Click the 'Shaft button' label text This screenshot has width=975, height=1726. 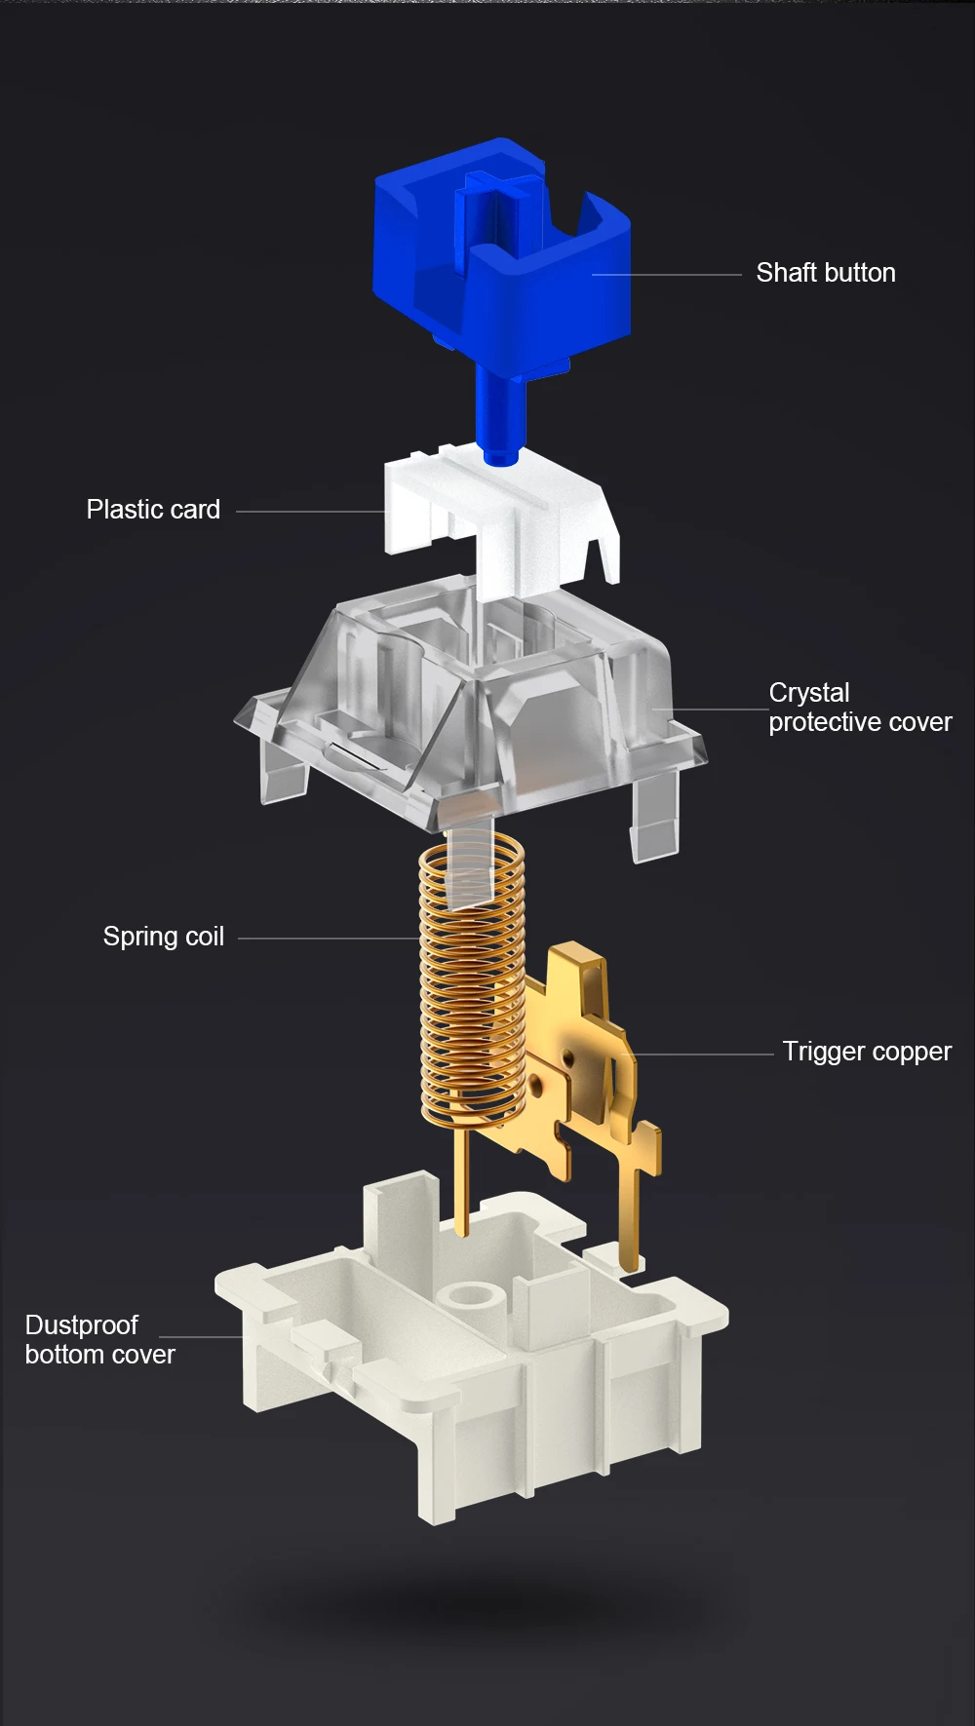click(x=825, y=273)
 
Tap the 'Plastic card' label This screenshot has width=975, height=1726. click(x=153, y=510)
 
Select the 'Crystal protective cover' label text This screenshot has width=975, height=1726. click(x=859, y=708)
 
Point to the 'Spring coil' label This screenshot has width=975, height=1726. click(x=164, y=937)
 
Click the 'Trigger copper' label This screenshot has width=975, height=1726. click(x=867, y=1052)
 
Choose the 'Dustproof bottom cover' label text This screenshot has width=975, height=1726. click(x=99, y=1340)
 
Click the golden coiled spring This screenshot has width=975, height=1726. click(x=472, y=984)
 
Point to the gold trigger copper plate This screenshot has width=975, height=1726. click(x=585, y=1062)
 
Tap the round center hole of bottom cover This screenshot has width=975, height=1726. click(x=471, y=1294)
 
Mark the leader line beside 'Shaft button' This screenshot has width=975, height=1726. click(x=668, y=275)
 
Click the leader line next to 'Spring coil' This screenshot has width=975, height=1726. click(x=327, y=939)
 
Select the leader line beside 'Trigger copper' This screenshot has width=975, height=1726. click(x=697, y=1055)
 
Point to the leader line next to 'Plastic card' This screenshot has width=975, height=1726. click(x=310, y=511)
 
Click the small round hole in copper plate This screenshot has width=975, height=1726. click(x=533, y=1082)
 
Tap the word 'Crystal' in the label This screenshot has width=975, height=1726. click(x=808, y=693)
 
